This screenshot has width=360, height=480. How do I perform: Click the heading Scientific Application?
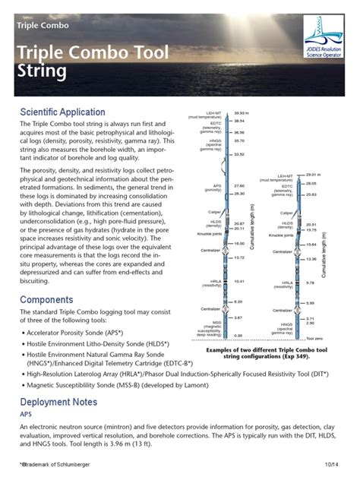(69, 112)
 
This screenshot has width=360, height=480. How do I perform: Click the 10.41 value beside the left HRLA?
(240, 281)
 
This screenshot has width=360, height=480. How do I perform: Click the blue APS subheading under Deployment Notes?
(27, 415)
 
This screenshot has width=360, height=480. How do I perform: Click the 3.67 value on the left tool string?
(238, 317)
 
